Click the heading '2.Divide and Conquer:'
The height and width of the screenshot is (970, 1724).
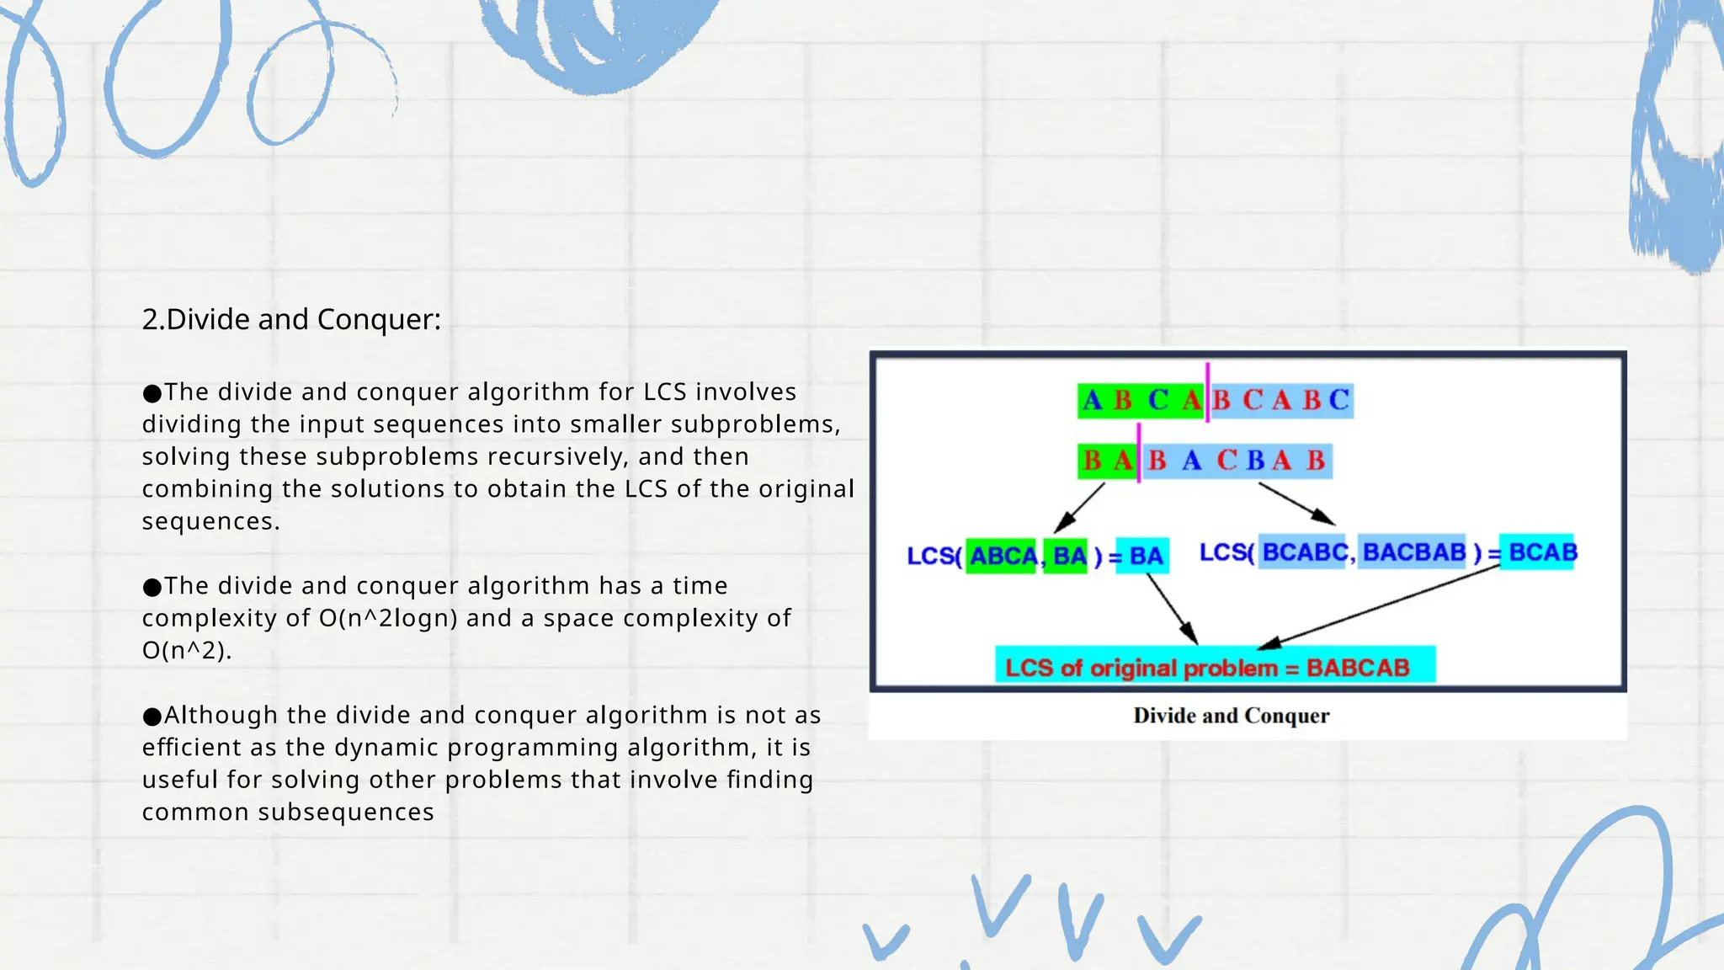tap(291, 320)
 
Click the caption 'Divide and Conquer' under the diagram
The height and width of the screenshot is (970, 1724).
tap(1231, 716)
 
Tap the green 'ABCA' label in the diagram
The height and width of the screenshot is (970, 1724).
tap(1002, 556)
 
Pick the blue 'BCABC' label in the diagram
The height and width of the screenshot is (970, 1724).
tap(1303, 552)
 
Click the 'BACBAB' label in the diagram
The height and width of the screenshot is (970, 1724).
tap(1413, 552)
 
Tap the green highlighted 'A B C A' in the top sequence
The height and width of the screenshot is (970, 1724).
tap(1141, 400)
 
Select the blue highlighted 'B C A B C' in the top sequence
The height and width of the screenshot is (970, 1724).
tap(1280, 400)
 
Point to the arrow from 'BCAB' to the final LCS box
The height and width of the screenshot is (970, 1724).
tap(1381, 607)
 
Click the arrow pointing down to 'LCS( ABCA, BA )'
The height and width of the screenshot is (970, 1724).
tap(1080, 507)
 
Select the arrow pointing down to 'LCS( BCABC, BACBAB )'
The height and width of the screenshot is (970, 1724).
tap(1296, 504)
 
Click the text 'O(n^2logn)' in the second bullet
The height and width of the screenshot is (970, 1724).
tap(388, 618)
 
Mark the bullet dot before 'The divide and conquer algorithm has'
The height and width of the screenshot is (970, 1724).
tap(152, 587)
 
